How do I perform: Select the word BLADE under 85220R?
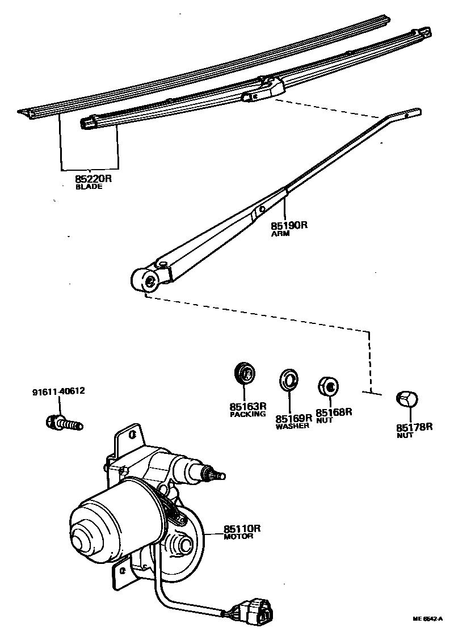pyautogui.click(x=89, y=187)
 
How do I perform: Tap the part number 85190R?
pyautogui.click(x=289, y=225)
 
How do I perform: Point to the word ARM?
pyautogui.click(x=280, y=233)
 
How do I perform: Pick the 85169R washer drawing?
pyautogui.click(x=289, y=378)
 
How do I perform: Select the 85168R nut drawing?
pyautogui.click(x=327, y=386)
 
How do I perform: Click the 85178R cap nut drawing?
pyautogui.click(x=407, y=399)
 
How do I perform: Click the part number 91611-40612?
pyautogui.click(x=60, y=391)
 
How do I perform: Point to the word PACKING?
pyautogui.click(x=247, y=414)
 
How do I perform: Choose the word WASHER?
pyautogui.click(x=292, y=425)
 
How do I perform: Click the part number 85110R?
pyautogui.click(x=242, y=528)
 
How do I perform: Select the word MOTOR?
pyautogui.click(x=238, y=536)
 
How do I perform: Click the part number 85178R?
pyautogui.click(x=414, y=427)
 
